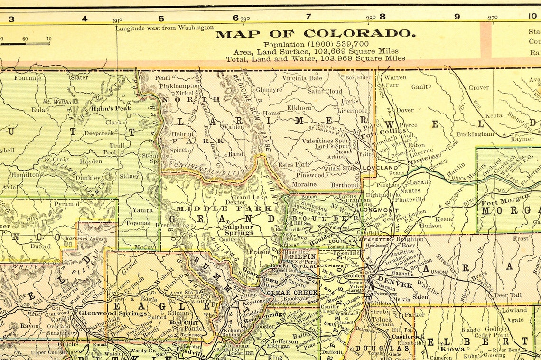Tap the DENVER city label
pos(388,278)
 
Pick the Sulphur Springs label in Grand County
pos(238,230)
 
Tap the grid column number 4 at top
pos(84,19)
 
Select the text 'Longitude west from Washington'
pos(165,28)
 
